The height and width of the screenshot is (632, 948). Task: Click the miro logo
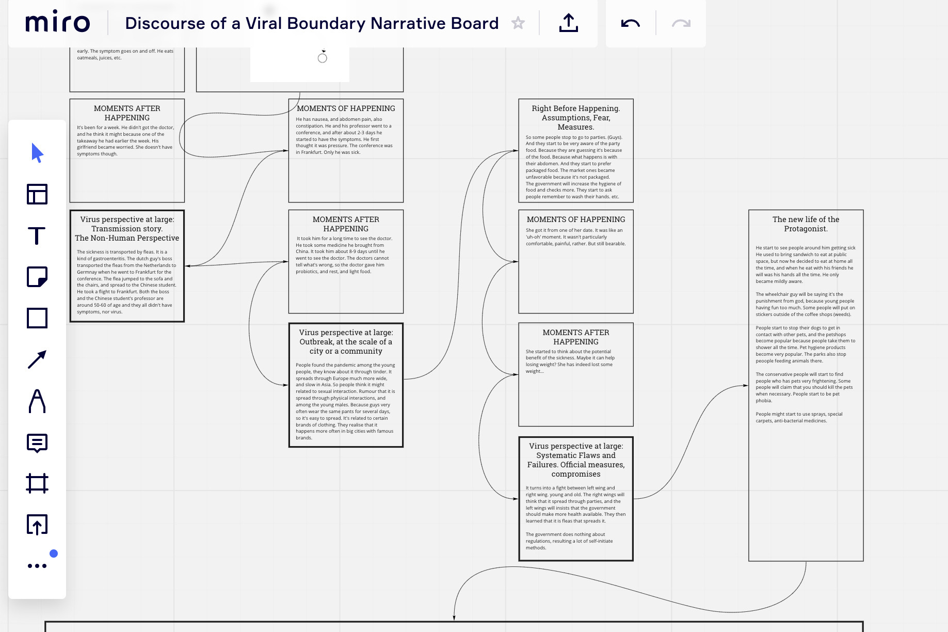(x=57, y=22)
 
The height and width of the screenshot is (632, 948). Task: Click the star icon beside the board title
(x=518, y=23)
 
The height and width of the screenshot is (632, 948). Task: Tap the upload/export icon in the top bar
(x=568, y=23)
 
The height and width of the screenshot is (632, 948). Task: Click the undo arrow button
(x=630, y=23)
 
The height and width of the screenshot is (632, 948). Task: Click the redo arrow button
(x=681, y=23)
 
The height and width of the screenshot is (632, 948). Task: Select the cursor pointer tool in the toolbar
(x=37, y=153)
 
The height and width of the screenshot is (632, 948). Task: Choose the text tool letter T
(x=37, y=236)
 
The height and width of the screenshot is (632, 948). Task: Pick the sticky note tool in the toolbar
(x=37, y=277)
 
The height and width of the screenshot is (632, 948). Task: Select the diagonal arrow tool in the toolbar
(x=37, y=359)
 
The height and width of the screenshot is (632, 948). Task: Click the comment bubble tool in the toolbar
(x=37, y=443)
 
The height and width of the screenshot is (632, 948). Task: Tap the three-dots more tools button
(x=37, y=566)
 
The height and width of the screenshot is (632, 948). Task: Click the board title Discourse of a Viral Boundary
(x=312, y=23)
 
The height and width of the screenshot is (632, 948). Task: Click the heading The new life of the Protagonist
(x=806, y=224)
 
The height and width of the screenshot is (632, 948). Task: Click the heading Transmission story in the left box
(x=127, y=229)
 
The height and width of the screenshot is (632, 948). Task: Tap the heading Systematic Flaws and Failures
(x=576, y=460)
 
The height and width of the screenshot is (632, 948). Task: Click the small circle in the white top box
(x=323, y=58)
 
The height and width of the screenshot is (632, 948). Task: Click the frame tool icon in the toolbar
(x=37, y=483)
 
